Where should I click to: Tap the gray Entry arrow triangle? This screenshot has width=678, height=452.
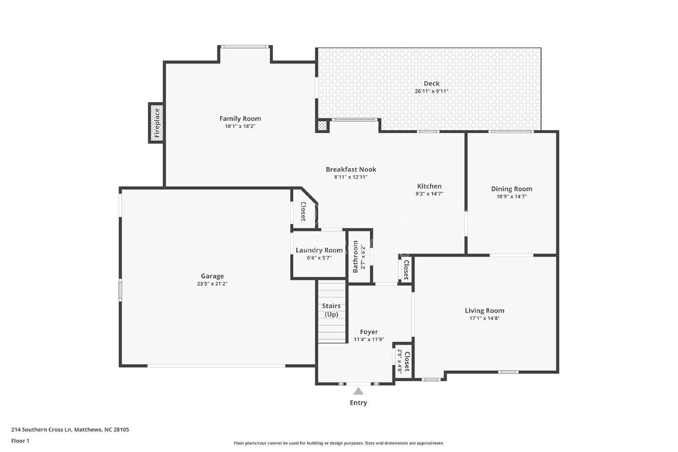358,391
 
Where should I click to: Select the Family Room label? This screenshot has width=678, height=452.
240,119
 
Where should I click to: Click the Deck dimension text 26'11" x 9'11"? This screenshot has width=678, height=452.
431,91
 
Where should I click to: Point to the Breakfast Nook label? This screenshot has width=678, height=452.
351,169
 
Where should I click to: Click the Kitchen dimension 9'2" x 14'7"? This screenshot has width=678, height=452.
429,194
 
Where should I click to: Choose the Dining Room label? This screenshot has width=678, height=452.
511,189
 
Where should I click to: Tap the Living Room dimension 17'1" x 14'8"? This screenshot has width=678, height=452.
484,318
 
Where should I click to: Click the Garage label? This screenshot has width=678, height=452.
212,276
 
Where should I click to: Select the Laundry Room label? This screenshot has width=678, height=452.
319,250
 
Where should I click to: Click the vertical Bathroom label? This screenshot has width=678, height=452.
356,257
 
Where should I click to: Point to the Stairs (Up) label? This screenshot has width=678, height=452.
331,310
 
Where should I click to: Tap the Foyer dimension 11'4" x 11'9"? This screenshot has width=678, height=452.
369,339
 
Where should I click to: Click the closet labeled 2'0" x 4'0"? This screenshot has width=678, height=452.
403,361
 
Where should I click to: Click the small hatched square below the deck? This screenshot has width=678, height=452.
322,126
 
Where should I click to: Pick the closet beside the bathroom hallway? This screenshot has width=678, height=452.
406,270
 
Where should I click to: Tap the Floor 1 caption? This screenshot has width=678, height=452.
20,441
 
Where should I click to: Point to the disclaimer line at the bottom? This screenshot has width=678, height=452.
339,443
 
